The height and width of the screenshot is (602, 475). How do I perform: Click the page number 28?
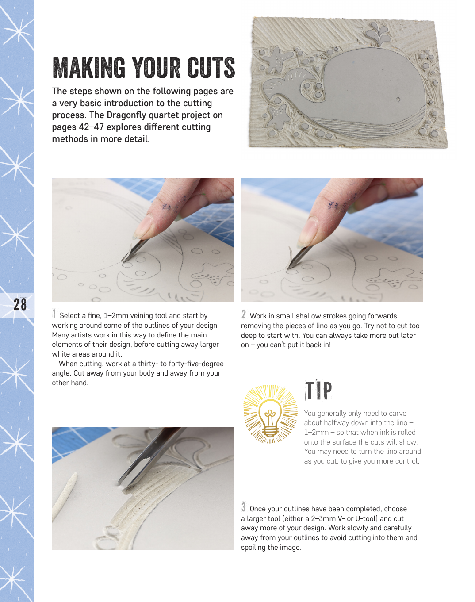click(20, 304)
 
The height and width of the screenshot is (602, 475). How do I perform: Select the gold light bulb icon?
click(270, 414)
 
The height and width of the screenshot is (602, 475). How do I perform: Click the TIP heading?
click(318, 390)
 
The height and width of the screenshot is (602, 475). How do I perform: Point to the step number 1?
click(54, 314)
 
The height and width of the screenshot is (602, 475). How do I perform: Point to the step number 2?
click(244, 314)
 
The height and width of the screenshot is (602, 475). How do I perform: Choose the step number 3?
click(244, 507)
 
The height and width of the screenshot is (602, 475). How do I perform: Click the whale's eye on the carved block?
click(398, 100)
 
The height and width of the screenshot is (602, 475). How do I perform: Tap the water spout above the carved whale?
click(377, 34)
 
